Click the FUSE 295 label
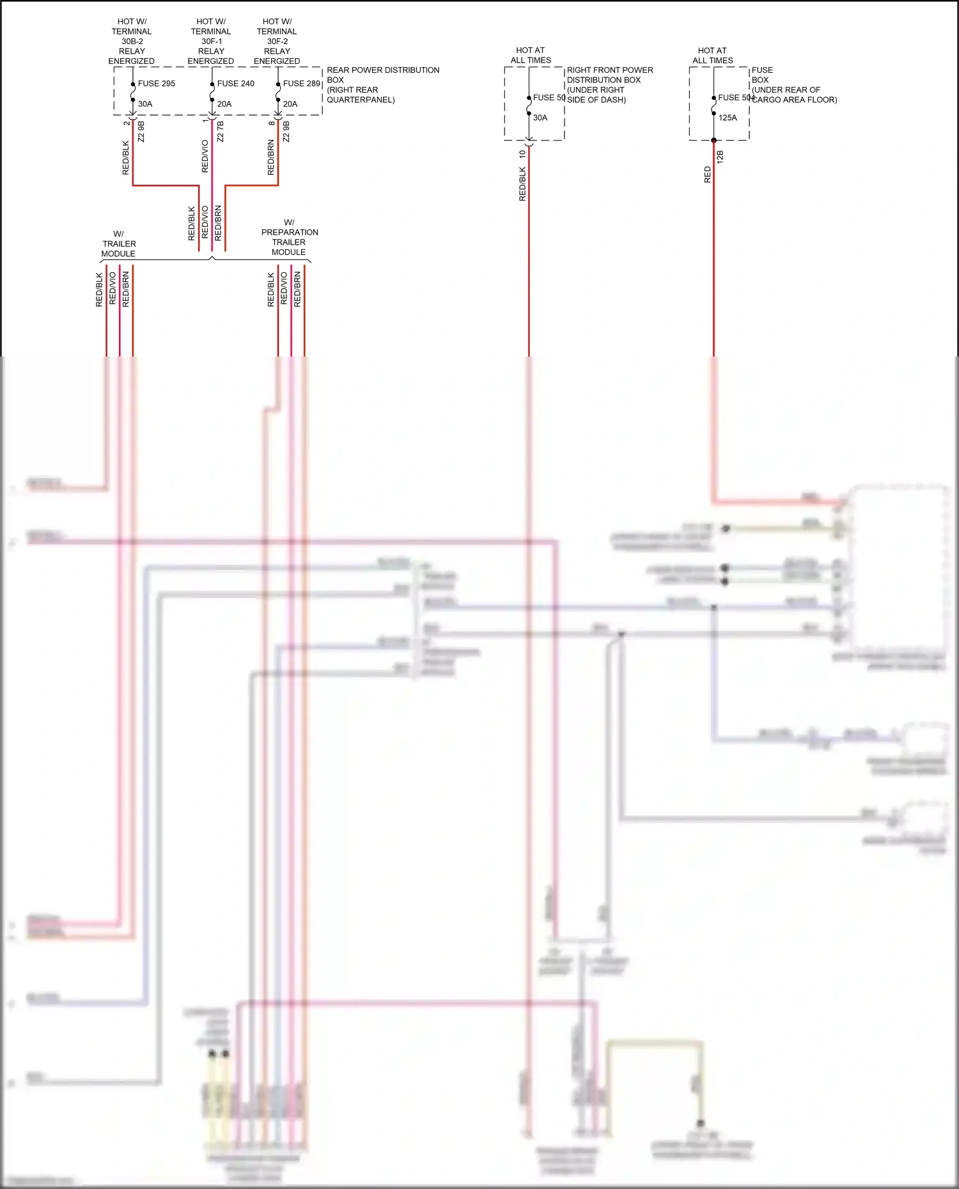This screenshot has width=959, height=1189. point(156,84)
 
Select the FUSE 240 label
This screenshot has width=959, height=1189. point(235,84)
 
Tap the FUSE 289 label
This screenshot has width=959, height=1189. point(301,84)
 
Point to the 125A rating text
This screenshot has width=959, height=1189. point(728,118)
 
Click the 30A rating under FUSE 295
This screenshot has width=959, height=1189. point(145,104)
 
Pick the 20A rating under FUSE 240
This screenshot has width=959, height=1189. point(224,104)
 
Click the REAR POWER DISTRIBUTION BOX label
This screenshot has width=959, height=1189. point(382,84)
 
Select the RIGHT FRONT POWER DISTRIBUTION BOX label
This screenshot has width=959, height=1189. point(609,84)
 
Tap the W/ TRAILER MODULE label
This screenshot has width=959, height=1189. point(119,243)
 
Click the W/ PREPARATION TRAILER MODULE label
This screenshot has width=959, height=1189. point(289,237)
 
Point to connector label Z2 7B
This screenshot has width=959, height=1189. point(221,132)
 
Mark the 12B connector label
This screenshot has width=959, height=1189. point(721,157)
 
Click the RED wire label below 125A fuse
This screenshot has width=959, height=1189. point(707,174)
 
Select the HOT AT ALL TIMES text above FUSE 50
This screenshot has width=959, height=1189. point(531,55)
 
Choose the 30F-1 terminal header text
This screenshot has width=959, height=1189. point(211,42)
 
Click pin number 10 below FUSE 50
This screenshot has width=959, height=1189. point(522,154)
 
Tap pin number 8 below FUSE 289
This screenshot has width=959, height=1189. point(271,123)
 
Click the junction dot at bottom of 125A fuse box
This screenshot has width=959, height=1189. point(713,140)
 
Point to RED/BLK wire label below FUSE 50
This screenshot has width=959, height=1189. point(522,184)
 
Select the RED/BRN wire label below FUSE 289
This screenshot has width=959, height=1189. point(271,158)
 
